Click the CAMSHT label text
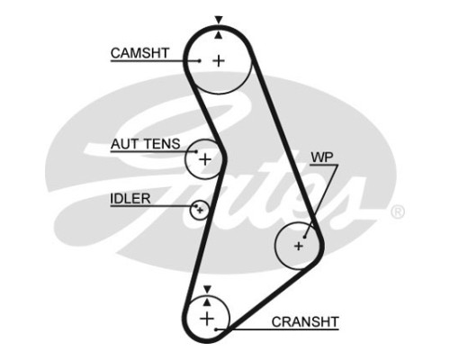(139, 53)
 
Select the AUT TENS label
(146, 144)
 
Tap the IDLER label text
(130, 199)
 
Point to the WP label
(322, 157)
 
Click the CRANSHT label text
(305, 322)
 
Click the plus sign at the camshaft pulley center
(219, 61)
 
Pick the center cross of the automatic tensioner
(205, 159)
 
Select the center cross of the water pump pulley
(299, 246)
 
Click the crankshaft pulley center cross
(207, 319)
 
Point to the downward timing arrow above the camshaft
(219, 20)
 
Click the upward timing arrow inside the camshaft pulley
(219, 35)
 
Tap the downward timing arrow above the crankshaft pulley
(207, 290)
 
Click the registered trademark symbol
(398, 211)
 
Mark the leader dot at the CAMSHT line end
(200, 61)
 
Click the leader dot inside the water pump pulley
(304, 237)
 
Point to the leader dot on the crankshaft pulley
(216, 329)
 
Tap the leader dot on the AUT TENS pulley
(196, 151)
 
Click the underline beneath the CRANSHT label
(277, 329)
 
